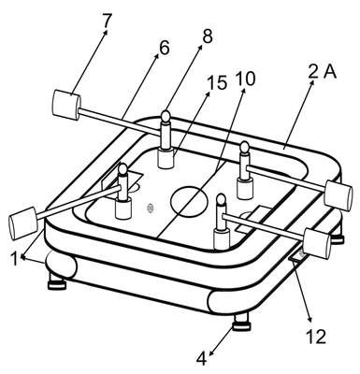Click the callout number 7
pos(107,21)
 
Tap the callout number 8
pos(207,36)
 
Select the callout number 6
pos(164,48)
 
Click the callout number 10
pos(245,79)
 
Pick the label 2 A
pos(323,72)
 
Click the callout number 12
pos(316,337)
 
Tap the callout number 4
pos(202,359)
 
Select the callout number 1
pos(13,258)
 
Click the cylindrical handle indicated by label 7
pos(66,106)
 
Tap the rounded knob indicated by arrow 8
pos(166,116)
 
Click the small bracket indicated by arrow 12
pos(297,256)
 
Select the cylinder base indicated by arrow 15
pos(166,159)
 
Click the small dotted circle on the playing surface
pos(151,208)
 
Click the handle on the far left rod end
pos(23,223)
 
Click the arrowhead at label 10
pos(243,91)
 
